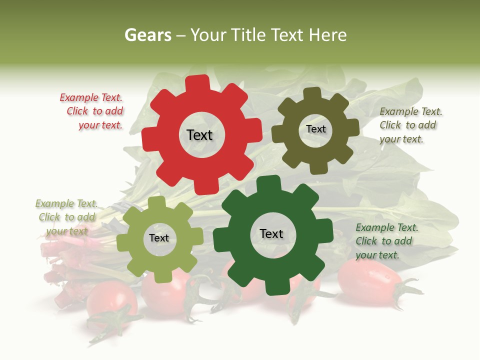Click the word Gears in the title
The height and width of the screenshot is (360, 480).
point(147,35)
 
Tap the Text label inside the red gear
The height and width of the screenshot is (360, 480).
point(199,135)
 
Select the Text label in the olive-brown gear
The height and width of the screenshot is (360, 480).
point(315,129)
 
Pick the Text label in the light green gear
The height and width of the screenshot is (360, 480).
point(159,238)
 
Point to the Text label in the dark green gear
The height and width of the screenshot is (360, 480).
point(271,234)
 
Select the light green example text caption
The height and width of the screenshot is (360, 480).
point(66,217)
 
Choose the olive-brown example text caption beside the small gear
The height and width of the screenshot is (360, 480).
point(410,125)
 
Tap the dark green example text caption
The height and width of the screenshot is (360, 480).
point(386,241)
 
